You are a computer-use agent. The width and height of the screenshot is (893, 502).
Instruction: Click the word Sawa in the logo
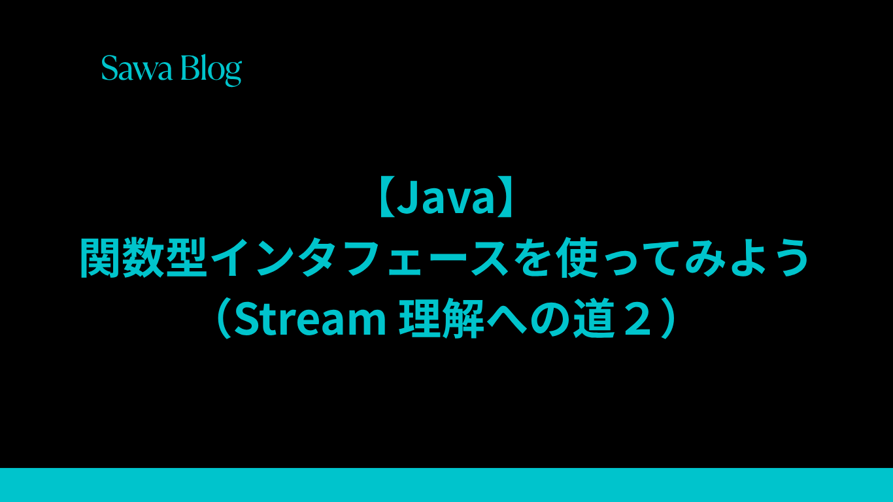[x=137, y=68]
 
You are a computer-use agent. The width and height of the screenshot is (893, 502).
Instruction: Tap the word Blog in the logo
[x=211, y=70]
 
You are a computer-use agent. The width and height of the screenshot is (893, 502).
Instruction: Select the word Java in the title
[x=446, y=197]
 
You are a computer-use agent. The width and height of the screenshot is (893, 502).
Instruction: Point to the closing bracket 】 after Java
[x=505, y=197]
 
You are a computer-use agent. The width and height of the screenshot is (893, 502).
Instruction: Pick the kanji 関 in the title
[x=101, y=258]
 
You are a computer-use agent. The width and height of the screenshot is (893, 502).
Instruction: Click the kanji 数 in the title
[x=143, y=258]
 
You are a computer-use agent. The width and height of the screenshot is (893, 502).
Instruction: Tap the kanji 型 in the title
[x=186, y=258]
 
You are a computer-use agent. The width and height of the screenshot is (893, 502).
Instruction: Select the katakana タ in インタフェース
[x=317, y=258]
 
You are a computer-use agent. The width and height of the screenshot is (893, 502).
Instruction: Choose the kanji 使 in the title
[x=579, y=258]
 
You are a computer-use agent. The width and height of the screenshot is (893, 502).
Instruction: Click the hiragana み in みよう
[x=705, y=258]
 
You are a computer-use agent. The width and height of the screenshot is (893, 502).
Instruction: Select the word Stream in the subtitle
[x=310, y=318]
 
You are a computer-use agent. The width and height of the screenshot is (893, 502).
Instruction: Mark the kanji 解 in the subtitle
[x=463, y=318]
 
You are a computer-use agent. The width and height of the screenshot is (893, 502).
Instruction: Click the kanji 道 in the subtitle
[x=594, y=318]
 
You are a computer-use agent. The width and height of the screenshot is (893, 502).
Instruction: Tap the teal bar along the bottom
[x=446, y=485]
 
